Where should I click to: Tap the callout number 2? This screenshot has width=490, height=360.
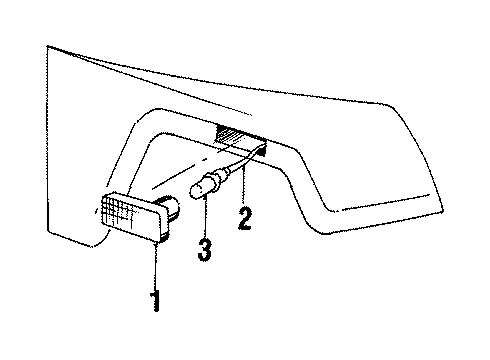pos(242,219)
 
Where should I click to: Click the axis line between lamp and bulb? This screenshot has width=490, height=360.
pos(180,196)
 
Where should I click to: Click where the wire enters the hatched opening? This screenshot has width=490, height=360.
pos(262,147)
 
